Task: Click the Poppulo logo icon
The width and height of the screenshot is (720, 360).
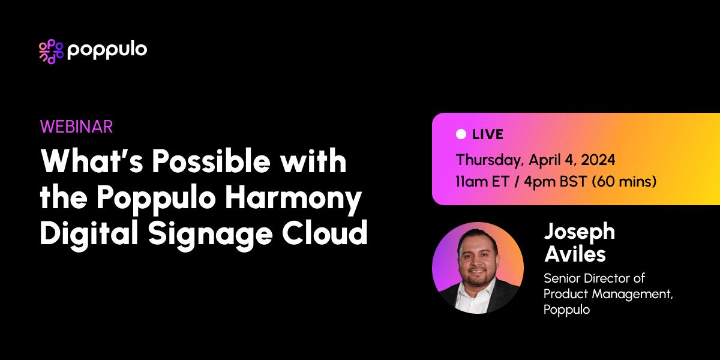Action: point(51,52)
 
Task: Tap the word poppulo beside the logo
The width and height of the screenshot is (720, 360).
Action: point(107,50)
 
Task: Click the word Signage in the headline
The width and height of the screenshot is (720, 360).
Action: point(208,233)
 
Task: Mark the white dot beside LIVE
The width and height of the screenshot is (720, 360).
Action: point(461,134)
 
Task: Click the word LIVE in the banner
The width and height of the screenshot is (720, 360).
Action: point(488,134)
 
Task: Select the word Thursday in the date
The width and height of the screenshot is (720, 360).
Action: point(487,161)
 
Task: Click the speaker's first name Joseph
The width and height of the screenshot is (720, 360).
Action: point(579,232)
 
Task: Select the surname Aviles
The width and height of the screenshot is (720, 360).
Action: point(574,254)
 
